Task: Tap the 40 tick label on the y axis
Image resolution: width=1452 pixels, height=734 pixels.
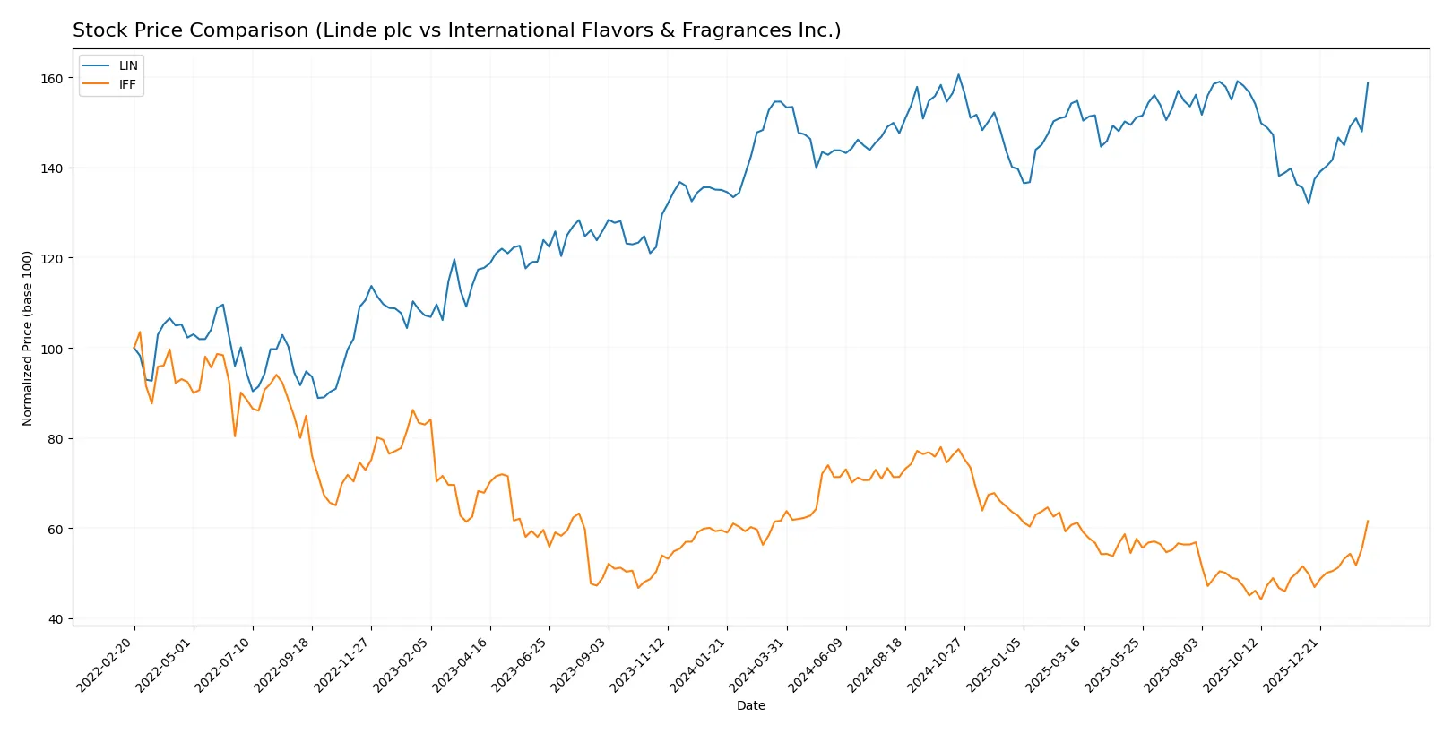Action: click(56, 619)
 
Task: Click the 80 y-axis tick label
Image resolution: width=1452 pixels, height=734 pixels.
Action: click(56, 439)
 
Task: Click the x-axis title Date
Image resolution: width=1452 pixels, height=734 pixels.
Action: click(750, 705)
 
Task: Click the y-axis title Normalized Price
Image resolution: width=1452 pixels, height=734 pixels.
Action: click(28, 338)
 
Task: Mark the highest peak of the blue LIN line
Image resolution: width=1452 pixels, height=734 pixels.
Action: click(958, 74)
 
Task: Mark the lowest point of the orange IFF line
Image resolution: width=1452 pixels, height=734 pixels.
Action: click(1261, 599)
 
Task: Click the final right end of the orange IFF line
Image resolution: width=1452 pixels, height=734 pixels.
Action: click(1368, 521)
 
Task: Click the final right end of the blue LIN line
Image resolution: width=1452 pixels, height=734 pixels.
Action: click(1368, 82)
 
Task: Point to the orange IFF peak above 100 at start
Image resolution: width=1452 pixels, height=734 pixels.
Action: click(140, 332)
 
